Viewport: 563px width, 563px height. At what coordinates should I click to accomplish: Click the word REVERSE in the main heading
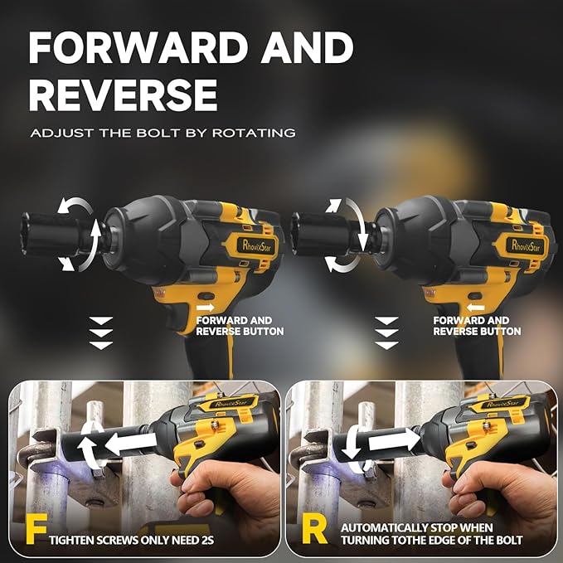point(124,95)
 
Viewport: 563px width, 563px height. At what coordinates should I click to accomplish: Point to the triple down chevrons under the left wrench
point(100,332)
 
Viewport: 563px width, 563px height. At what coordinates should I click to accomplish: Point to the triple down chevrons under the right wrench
point(386,332)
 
